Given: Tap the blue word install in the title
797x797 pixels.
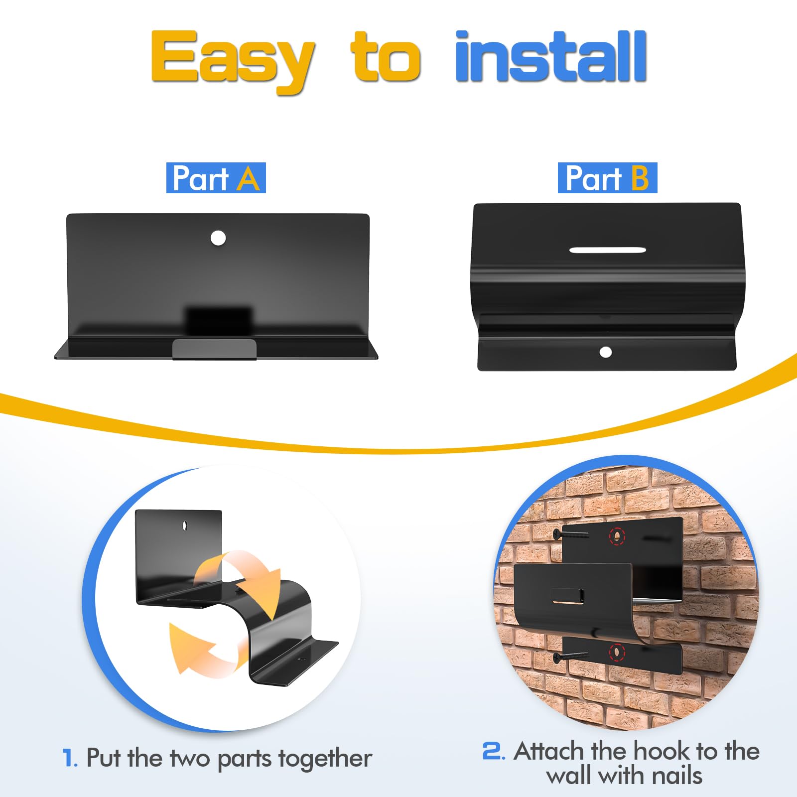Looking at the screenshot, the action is click(x=551, y=56).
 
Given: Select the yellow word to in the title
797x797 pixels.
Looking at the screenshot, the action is click(x=387, y=56).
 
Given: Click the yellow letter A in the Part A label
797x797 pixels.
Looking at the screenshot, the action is click(x=248, y=178).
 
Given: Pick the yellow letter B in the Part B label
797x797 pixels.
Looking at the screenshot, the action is click(x=640, y=178).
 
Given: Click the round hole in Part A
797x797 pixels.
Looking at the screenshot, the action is click(x=218, y=238).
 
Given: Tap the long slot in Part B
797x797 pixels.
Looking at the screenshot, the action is click(x=608, y=250).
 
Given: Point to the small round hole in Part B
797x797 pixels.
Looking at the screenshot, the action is click(x=606, y=352).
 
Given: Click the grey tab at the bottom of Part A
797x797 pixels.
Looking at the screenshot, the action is click(x=214, y=349).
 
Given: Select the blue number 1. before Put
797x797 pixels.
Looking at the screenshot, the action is click(x=70, y=758).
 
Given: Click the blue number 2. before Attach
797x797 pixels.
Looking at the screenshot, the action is click(x=494, y=751).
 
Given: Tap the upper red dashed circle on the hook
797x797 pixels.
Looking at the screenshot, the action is click(x=617, y=536).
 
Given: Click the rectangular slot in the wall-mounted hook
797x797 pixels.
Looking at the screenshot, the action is click(x=568, y=596).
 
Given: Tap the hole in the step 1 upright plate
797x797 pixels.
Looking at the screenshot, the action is click(x=185, y=526).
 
